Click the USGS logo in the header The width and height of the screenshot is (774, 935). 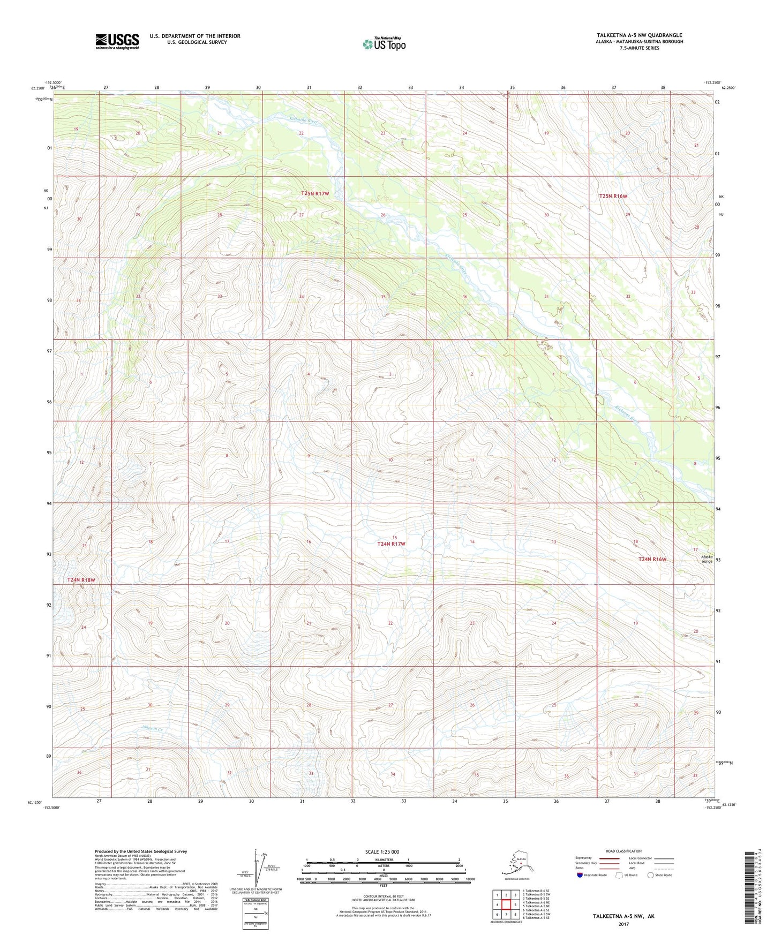tap(117, 41)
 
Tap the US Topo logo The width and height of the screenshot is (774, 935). tap(384, 44)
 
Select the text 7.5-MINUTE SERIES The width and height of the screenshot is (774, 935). tap(640, 48)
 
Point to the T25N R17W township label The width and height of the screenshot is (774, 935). tap(315, 193)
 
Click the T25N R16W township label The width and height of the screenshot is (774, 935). tap(613, 197)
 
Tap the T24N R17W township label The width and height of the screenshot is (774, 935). tap(391, 544)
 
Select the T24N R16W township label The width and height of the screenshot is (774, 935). tap(652, 559)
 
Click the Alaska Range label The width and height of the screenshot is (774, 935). tap(707, 559)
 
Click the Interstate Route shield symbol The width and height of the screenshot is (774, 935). tap(580, 875)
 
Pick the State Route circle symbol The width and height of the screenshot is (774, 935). tap(650, 875)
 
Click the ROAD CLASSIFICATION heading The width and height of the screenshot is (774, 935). tap(623, 851)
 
